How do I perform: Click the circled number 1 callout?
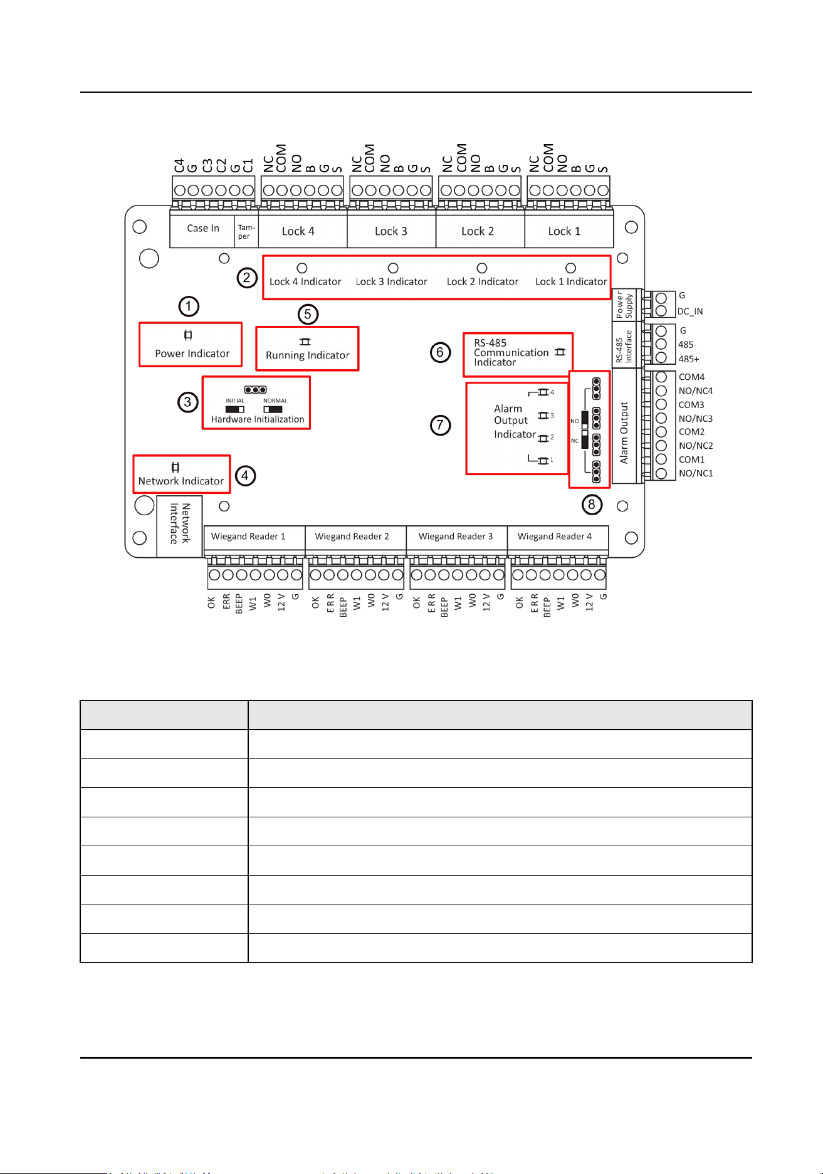[189, 307]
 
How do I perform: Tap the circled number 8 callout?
[592, 505]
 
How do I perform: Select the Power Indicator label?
[192, 354]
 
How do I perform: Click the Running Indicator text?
[308, 355]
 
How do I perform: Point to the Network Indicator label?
[181, 481]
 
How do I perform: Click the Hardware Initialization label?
[258, 419]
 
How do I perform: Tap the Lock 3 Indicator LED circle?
[393, 268]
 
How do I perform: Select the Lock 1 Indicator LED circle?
[570, 268]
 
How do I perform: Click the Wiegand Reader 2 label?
[352, 537]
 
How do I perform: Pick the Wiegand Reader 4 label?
[555, 537]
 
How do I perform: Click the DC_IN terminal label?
[690, 312]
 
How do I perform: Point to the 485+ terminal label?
[689, 359]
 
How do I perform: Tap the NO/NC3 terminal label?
[696, 419]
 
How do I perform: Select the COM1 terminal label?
[691, 459]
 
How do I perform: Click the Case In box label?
[203, 228]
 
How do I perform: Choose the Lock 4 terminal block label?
[298, 231]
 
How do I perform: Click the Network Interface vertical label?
[179, 524]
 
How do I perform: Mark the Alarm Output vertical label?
[624, 433]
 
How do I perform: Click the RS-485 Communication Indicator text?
[511, 352]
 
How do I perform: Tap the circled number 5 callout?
[308, 314]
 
